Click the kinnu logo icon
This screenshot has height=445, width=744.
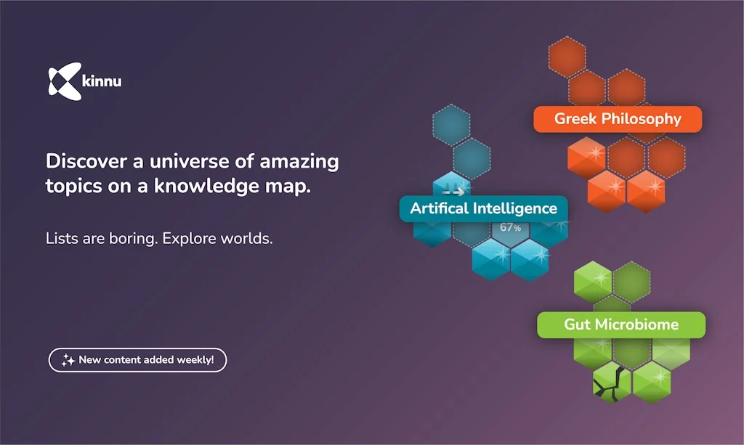coord(61,81)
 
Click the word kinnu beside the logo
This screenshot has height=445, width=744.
coord(102,82)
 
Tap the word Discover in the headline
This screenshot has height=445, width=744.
coord(81,161)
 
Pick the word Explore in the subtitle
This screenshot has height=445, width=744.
coord(193,238)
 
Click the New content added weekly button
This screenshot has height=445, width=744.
coord(137,360)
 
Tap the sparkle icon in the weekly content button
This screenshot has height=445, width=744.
coord(68,360)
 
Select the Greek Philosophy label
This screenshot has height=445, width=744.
coord(618,119)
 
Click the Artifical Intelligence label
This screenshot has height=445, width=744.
coord(483,208)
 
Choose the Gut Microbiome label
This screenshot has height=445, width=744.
coord(621,324)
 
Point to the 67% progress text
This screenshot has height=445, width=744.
coord(510,228)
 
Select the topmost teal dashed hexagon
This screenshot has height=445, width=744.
coord(451,125)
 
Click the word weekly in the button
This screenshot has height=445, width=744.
coord(195,360)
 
